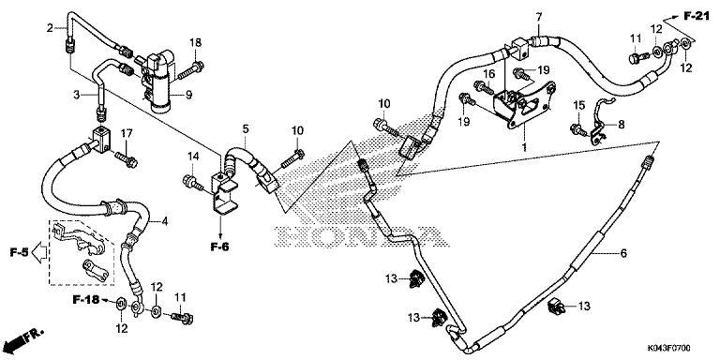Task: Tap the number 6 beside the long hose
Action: (x=622, y=254)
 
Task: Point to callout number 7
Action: (x=539, y=18)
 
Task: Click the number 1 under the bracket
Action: (x=524, y=147)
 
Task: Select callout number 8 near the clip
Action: (x=620, y=123)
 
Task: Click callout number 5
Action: (x=245, y=128)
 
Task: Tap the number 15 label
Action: (x=578, y=104)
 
